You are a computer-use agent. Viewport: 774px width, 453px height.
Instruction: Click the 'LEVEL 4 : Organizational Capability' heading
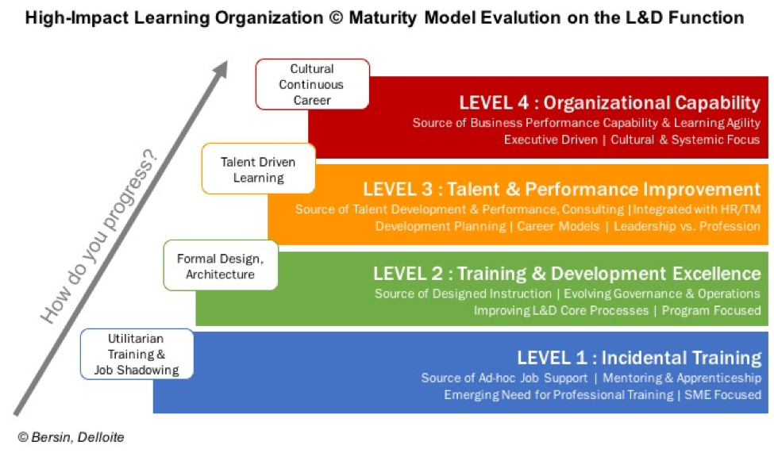[x=610, y=102]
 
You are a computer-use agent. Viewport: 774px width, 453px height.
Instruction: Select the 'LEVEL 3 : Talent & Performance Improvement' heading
[x=562, y=189]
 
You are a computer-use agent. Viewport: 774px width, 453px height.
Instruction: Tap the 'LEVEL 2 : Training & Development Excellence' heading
[x=567, y=274]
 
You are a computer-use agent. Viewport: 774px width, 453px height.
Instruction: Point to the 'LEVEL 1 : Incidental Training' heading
[x=639, y=358]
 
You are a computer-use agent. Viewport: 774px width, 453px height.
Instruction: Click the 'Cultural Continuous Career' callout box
[x=313, y=84]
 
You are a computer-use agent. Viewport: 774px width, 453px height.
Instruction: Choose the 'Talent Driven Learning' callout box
[x=258, y=169]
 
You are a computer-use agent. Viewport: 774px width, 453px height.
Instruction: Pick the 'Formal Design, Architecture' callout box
[x=221, y=266]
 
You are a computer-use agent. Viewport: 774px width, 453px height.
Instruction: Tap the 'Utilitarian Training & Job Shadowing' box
[x=137, y=354]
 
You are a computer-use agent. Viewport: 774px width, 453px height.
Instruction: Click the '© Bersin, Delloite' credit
[x=71, y=437]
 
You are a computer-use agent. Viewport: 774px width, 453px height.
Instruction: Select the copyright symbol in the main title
[x=336, y=18]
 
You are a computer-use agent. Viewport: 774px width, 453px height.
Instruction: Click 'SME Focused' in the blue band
[x=722, y=395]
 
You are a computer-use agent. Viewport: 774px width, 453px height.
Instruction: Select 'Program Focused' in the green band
[x=711, y=310]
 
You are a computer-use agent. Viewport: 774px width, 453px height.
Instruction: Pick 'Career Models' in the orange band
[x=558, y=227]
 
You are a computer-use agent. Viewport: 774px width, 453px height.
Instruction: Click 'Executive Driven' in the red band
[x=550, y=140]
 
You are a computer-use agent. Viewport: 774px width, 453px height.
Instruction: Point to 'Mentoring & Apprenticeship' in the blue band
[x=682, y=378]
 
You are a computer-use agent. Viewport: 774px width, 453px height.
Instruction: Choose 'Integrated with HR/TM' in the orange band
[x=696, y=209]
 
